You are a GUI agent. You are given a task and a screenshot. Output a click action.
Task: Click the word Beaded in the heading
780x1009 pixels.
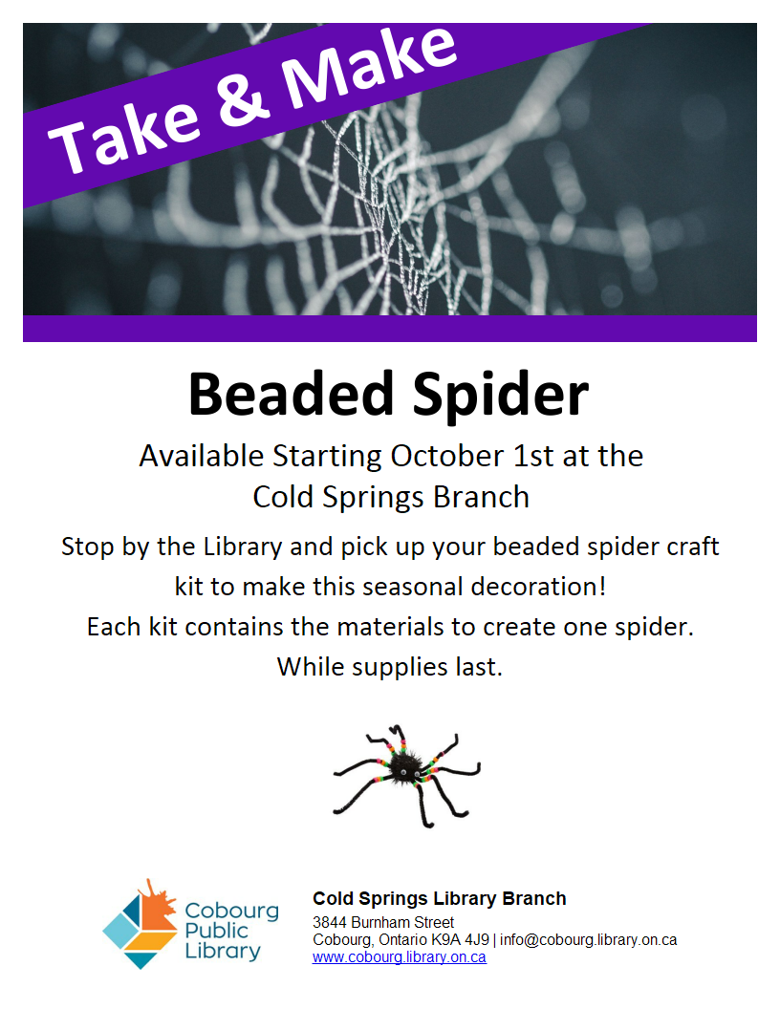(x=291, y=394)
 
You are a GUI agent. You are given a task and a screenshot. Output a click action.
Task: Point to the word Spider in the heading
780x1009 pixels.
(x=501, y=396)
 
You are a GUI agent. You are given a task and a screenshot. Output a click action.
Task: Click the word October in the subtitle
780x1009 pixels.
(x=447, y=456)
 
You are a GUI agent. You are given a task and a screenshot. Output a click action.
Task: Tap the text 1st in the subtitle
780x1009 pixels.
(x=532, y=456)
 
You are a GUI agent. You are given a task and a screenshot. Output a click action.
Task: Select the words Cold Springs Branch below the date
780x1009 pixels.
(x=391, y=498)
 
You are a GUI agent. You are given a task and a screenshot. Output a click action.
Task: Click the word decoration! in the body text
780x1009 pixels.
(x=538, y=587)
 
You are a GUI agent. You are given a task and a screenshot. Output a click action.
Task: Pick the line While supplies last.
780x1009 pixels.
(x=390, y=667)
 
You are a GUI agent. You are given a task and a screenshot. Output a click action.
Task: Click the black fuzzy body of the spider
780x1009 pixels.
(x=403, y=766)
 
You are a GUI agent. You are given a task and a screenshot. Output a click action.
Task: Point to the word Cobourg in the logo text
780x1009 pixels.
(x=232, y=911)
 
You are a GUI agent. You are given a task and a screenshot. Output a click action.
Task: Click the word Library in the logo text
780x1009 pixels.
(x=223, y=951)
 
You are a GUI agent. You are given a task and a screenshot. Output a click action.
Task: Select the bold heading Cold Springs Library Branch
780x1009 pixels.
(x=440, y=898)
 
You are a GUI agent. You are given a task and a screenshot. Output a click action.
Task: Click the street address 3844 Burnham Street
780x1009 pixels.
(x=383, y=922)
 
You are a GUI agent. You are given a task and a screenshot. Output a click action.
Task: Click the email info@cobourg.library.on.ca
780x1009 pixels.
(x=588, y=939)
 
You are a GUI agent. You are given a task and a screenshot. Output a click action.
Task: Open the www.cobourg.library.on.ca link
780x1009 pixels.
(x=400, y=956)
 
